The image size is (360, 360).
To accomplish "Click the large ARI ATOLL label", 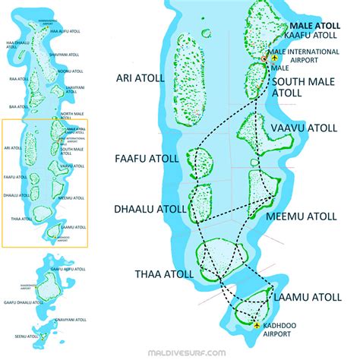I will point(141,77).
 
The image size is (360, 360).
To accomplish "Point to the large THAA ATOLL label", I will point(158,274).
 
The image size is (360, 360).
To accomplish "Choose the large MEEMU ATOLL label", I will point(302,216).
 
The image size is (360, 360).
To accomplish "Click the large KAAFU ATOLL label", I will point(311,35).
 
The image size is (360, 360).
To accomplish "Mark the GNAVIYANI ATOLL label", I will point(71,321).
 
